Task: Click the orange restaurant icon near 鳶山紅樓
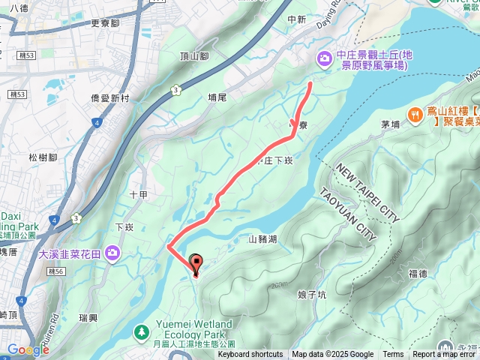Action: click(414, 114)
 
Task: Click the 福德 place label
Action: click(418, 274)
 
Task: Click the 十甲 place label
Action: click(137, 194)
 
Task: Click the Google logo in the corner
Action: click(28, 349)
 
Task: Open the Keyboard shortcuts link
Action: click(250, 355)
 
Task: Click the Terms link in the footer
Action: click(393, 355)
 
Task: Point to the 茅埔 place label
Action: click(391, 125)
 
